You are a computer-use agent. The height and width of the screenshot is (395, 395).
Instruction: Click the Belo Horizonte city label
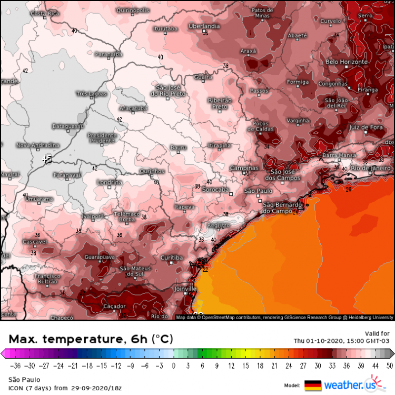pyautogui.click(x=346, y=62)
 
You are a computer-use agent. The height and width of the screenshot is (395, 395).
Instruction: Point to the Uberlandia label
pyautogui.click(x=204, y=26)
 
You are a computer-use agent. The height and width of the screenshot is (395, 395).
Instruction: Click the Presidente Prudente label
pyautogui.click(x=102, y=137)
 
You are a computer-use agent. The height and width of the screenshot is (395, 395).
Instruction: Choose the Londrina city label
pyautogui.click(x=110, y=182)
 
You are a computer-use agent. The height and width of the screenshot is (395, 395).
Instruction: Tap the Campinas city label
pyautogui.click(x=245, y=168)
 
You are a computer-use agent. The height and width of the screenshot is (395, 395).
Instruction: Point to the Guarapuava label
pyautogui.click(x=100, y=258)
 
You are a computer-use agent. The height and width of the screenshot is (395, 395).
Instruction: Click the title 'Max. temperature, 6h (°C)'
pyautogui.click(x=91, y=338)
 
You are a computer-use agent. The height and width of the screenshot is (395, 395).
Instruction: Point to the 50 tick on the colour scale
pyautogui.click(x=389, y=365)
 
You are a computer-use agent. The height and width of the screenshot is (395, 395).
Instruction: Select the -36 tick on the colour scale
pyautogui.click(x=15, y=365)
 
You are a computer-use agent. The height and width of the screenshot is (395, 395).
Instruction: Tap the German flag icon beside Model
pyautogui.click(x=313, y=385)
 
